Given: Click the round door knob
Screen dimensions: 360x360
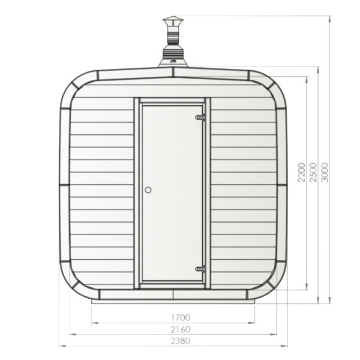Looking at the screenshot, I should click(x=148, y=190).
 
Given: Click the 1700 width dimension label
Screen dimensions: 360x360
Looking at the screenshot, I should click(x=180, y=317).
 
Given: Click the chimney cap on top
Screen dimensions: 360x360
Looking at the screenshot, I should click(x=173, y=24).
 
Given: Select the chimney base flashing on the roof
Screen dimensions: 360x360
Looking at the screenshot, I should click(x=173, y=61).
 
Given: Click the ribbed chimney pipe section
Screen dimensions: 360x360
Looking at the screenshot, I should click(x=173, y=44).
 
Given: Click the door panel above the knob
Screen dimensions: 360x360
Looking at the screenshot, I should click(x=172, y=144).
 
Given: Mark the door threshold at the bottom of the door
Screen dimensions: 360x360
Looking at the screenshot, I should click(x=172, y=284).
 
